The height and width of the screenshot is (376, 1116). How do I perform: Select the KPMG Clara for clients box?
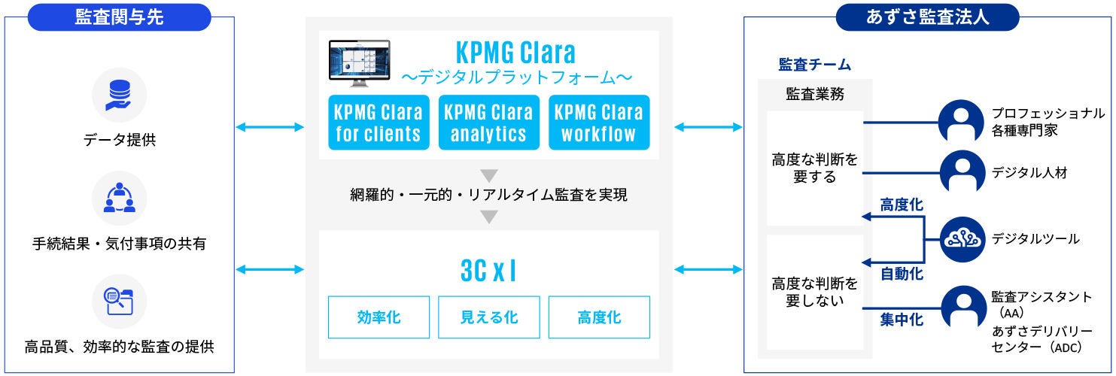[x=379, y=123]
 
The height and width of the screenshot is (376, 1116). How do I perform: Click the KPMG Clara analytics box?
[x=488, y=123]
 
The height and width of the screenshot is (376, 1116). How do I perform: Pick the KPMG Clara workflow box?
[x=599, y=123]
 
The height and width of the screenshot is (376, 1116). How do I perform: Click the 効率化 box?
[x=379, y=317]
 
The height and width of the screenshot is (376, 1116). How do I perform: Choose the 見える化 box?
[x=488, y=317]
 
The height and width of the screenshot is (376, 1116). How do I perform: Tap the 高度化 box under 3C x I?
[x=599, y=317]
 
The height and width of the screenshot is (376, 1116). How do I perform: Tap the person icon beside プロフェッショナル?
[x=962, y=120]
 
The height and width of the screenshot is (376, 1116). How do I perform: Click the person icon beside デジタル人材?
[x=962, y=172]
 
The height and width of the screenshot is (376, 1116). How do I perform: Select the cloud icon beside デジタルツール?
[x=962, y=239]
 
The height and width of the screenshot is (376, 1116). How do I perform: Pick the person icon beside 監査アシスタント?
[x=962, y=307]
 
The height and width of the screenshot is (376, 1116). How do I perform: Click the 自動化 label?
[x=902, y=274]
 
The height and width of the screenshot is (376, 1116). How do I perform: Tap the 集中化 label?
[x=902, y=320]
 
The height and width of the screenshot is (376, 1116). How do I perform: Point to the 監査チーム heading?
[x=814, y=65]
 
